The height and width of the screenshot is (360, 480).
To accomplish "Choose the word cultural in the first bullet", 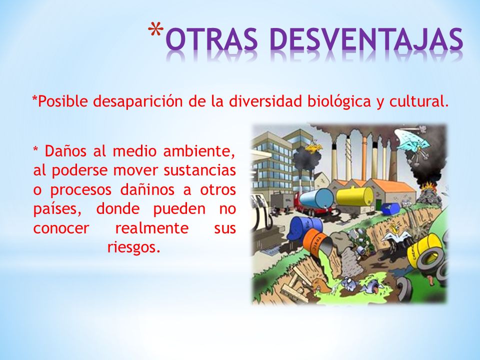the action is click(x=416, y=101).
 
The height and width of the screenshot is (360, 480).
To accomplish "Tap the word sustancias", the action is click(x=199, y=170).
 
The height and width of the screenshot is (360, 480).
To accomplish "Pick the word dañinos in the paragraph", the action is click(x=147, y=189).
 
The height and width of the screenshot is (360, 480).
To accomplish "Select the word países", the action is click(x=57, y=209).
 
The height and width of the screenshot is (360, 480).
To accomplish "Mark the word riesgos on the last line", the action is click(x=134, y=247).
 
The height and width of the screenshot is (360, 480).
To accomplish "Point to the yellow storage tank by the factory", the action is click(x=355, y=196).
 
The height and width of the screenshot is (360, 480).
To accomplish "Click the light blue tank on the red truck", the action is click(x=316, y=198).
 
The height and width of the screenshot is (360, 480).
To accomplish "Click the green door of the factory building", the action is click(x=378, y=205).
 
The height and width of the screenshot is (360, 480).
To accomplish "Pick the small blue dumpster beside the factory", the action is click(x=390, y=208).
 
